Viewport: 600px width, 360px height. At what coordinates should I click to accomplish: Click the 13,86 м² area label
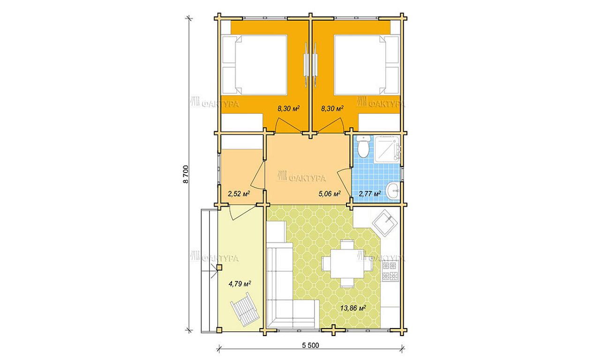pyautogui.click(x=353, y=308)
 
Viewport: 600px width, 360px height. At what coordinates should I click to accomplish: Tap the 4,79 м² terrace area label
pyautogui.click(x=240, y=284)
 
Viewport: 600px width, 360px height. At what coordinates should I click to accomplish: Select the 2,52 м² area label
pyautogui.click(x=239, y=194)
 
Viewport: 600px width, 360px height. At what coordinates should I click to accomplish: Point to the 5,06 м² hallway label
pyautogui.click(x=330, y=194)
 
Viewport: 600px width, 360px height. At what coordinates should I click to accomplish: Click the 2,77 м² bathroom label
pyautogui.click(x=370, y=194)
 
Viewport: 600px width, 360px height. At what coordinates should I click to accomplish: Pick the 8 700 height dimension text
pyautogui.click(x=186, y=174)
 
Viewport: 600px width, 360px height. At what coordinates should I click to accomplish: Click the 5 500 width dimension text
pyautogui.click(x=310, y=345)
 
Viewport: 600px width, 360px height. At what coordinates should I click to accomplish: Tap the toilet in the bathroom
pyautogui.click(x=363, y=147)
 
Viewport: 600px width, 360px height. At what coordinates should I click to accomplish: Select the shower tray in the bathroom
pyautogui.click(x=387, y=149)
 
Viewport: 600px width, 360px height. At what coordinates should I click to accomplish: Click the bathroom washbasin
pyautogui.click(x=393, y=191)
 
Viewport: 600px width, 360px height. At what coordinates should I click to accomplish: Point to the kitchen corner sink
pyautogui.click(x=385, y=223)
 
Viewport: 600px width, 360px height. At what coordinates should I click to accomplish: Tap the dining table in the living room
pyautogui.click(x=347, y=264)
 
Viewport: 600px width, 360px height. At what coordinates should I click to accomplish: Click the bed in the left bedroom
pyautogui.click(x=255, y=65)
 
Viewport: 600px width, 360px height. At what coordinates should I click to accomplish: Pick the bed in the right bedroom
pyautogui.click(x=367, y=65)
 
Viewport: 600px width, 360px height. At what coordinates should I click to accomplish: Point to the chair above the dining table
pyautogui.click(x=347, y=245)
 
